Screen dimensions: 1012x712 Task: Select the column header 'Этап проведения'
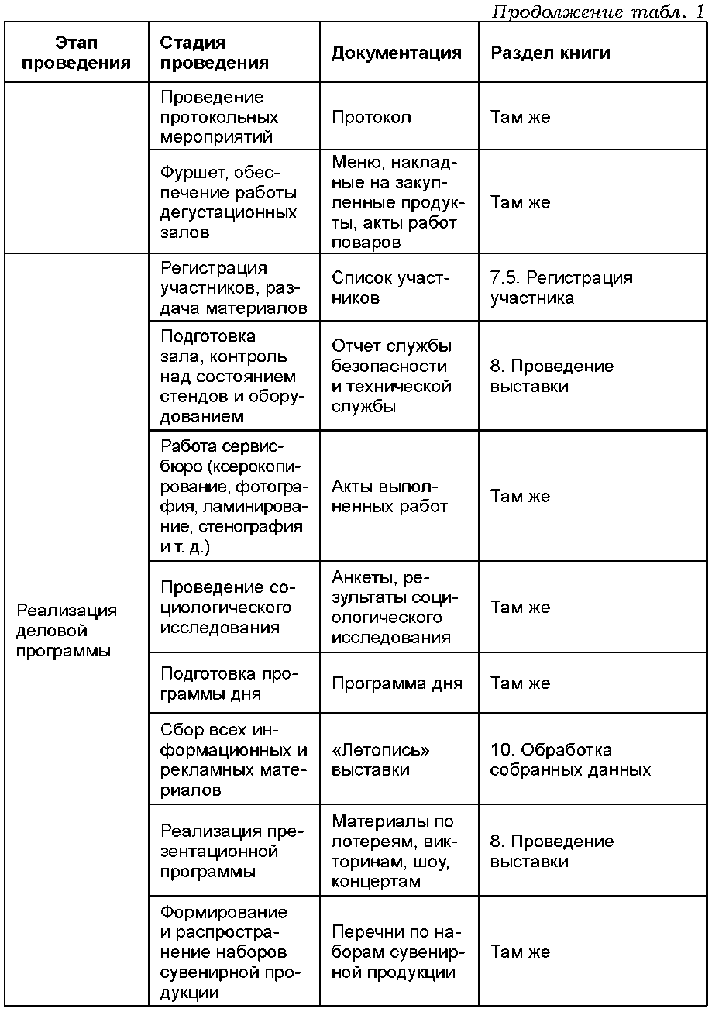pos(76,53)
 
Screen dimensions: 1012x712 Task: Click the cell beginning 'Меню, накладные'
pos(398,201)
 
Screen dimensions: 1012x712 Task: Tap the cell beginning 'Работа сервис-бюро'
pos(234,497)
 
